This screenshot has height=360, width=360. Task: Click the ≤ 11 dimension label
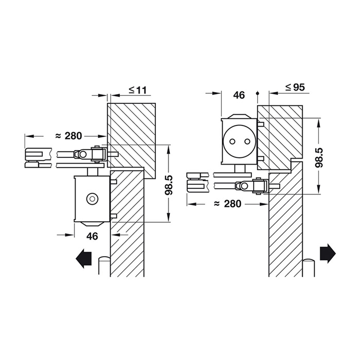pos(137,91)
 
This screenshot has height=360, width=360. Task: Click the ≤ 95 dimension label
pos(295,87)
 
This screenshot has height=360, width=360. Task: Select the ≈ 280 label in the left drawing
pos(69,136)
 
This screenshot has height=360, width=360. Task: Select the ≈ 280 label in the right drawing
pos(227,204)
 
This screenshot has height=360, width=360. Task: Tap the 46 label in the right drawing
pos(239,95)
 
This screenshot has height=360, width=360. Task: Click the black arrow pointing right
pos(327,253)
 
